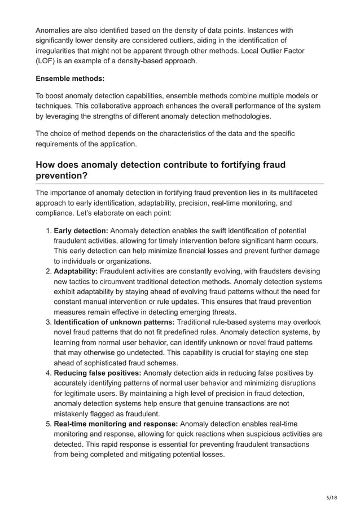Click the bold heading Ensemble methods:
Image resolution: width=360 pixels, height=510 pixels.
coord(70,79)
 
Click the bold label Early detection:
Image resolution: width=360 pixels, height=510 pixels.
coord(81,230)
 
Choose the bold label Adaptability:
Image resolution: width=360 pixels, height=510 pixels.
coord(76,272)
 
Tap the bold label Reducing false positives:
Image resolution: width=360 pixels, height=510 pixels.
coord(98,373)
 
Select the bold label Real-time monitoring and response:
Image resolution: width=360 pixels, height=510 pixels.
coord(116,424)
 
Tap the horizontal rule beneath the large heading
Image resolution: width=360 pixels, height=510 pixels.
coord(179,184)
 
